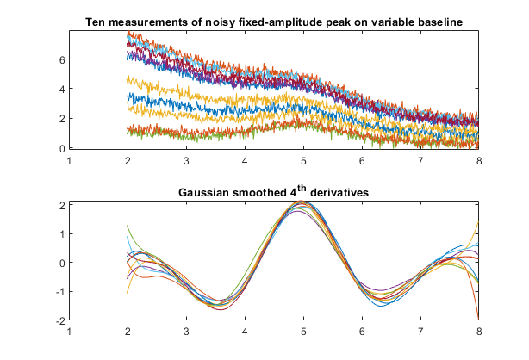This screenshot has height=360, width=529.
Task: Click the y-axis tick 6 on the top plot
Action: click(61, 59)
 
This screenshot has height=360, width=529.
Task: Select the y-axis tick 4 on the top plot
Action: click(61, 89)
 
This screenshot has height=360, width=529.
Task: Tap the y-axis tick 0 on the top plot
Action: click(61, 148)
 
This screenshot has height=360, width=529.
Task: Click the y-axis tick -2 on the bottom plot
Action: click(59, 320)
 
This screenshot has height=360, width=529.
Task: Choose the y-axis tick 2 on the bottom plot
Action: click(61, 204)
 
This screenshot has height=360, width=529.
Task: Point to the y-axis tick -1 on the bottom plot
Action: click(59, 291)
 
